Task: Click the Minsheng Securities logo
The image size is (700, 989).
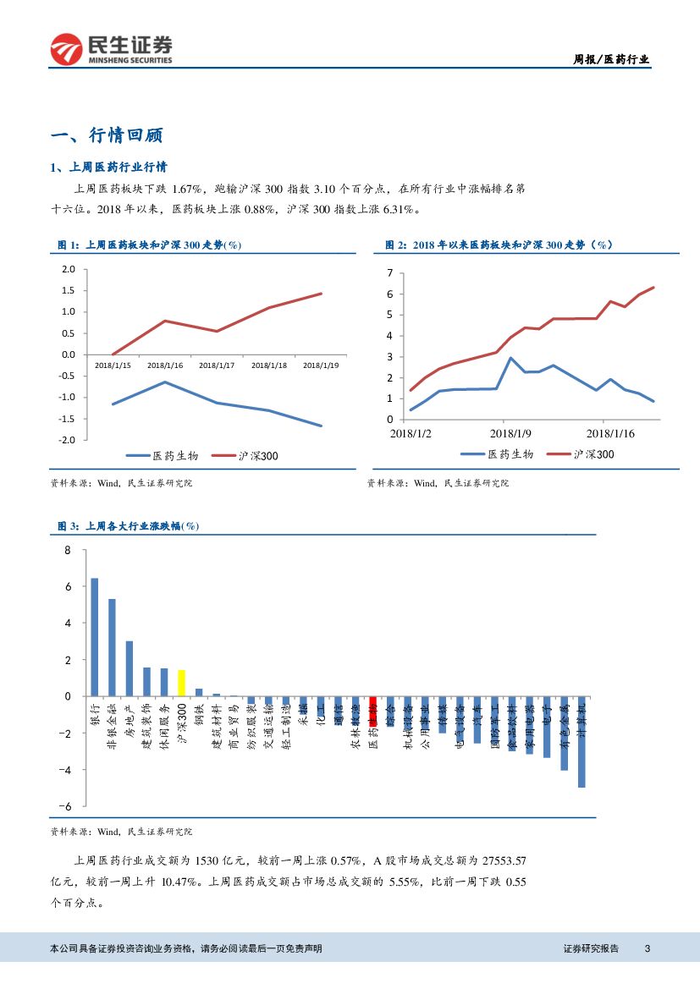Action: point(111,49)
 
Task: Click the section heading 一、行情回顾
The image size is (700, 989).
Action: point(107,135)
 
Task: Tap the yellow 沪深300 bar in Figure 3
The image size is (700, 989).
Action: point(181,683)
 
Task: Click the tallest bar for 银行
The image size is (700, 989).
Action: point(95,636)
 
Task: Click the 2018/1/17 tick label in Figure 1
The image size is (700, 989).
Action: point(216,365)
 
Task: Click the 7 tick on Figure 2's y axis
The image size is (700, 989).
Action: point(389,272)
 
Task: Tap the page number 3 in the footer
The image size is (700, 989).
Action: point(647,948)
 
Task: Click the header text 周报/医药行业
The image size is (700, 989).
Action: point(612,59)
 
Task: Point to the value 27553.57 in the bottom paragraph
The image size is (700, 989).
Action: point(504,861)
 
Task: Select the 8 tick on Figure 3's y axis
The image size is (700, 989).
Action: point(69,550)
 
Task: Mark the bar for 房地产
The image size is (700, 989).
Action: point(130,668)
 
